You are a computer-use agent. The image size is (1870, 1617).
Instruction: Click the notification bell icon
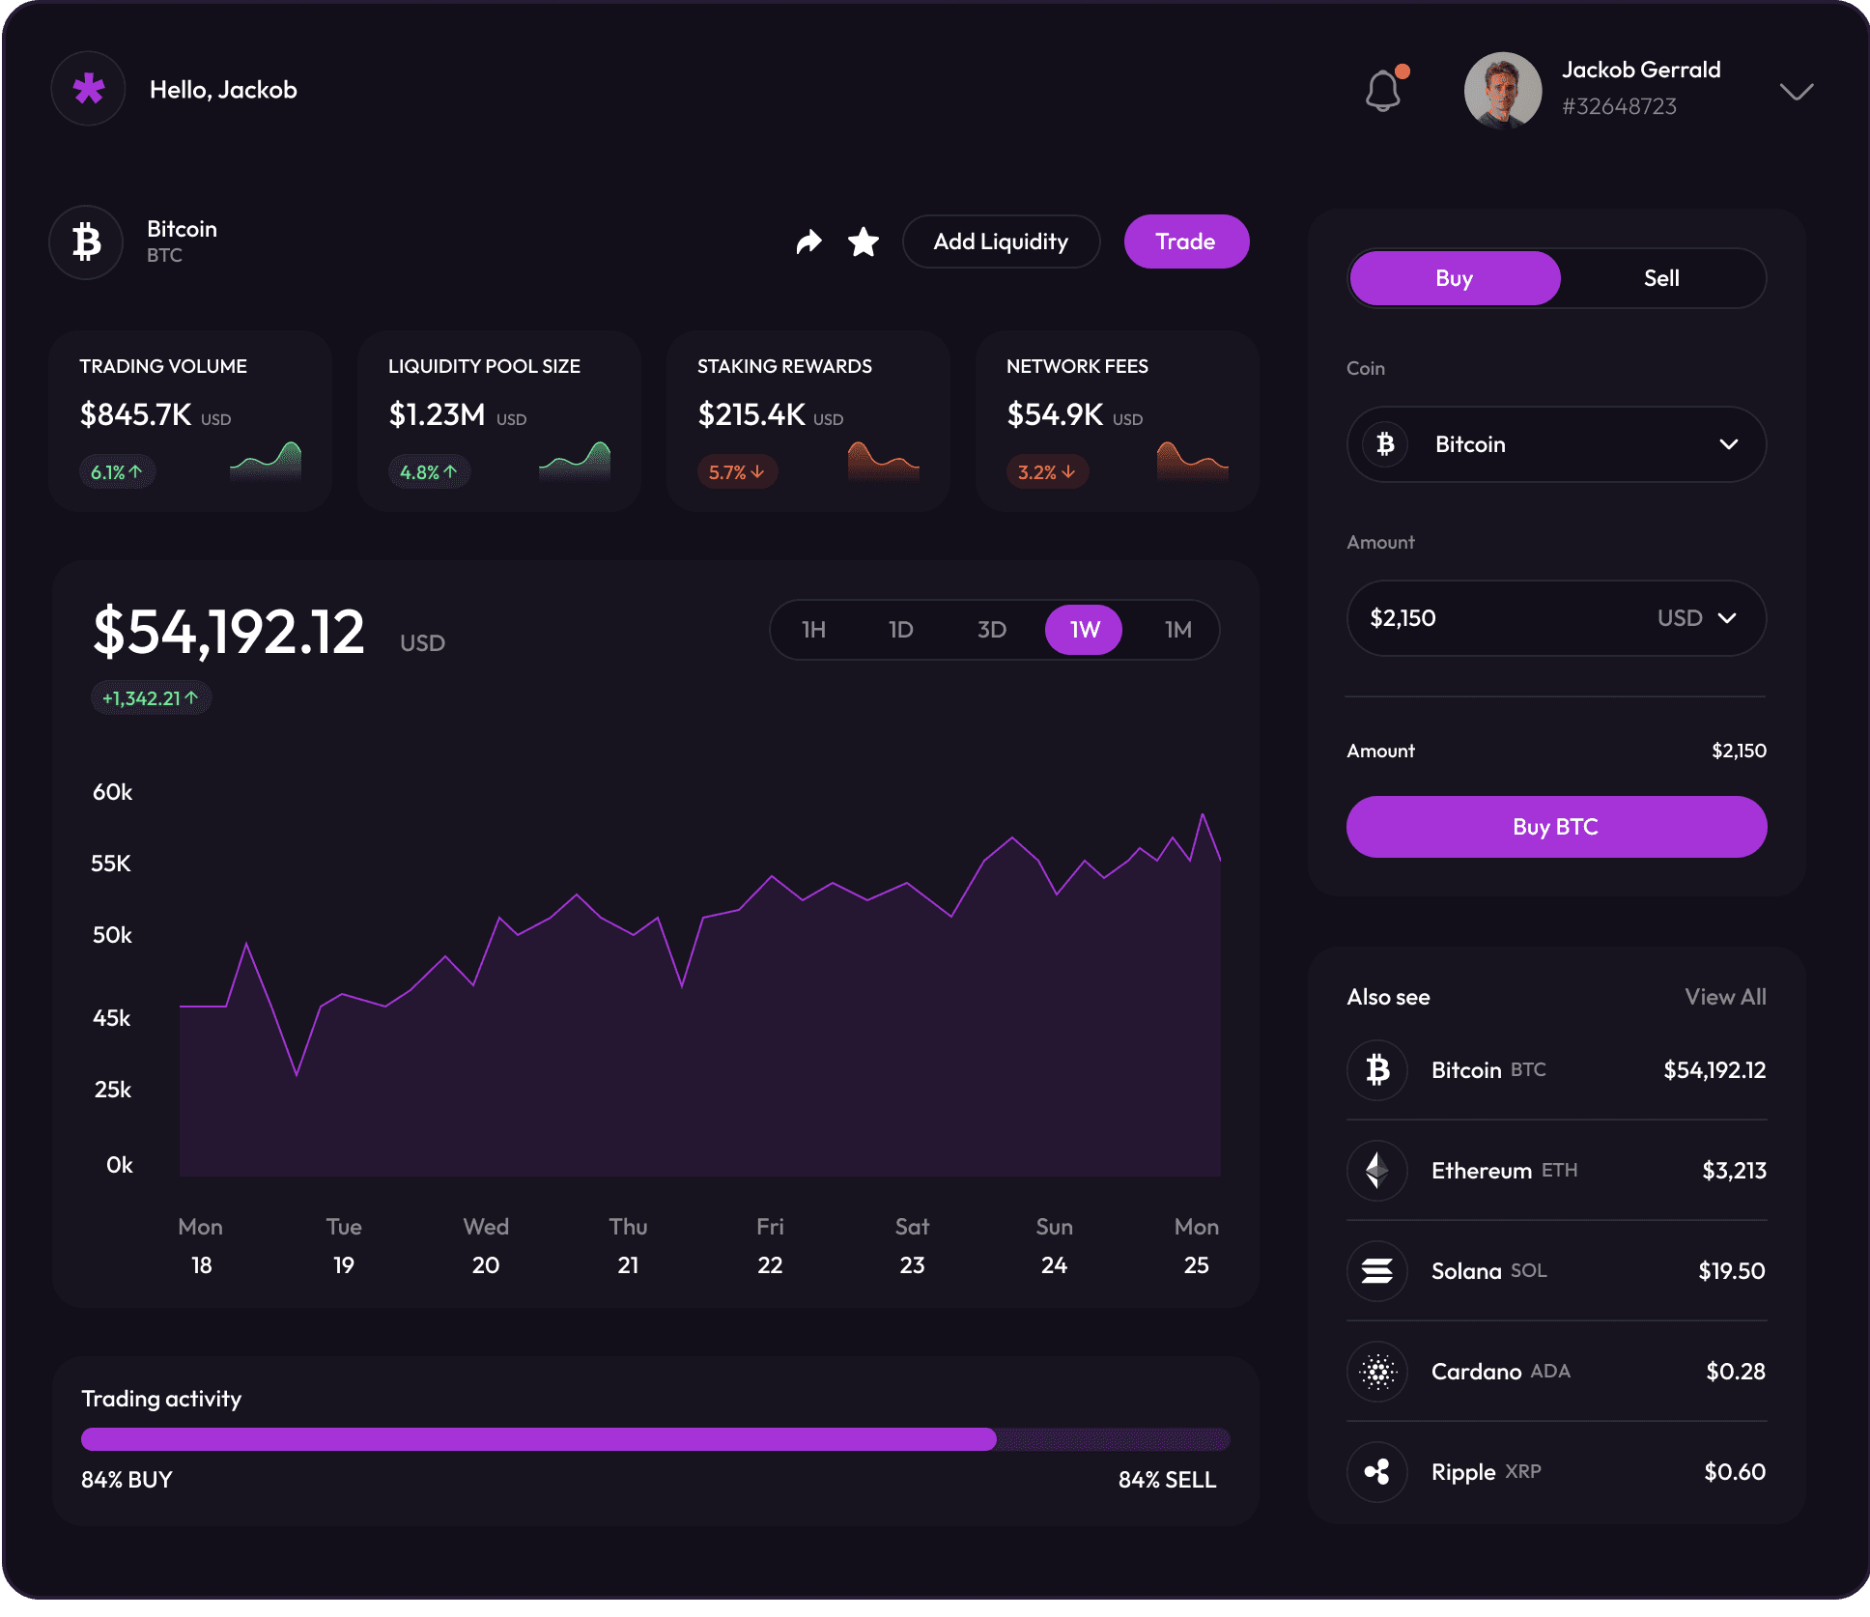[1383, 91]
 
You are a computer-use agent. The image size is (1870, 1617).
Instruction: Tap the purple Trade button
[1186, 241]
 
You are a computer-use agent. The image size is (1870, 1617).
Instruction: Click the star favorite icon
[863, 241]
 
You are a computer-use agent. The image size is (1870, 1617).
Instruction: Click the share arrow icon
[808, 241]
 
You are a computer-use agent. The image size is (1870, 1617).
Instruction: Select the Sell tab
[1661, 278]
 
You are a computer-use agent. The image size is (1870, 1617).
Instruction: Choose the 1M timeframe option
[1177, 630]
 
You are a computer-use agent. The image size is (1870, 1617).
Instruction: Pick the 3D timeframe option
[991, 630]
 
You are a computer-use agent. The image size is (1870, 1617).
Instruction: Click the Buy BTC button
[1556, 827]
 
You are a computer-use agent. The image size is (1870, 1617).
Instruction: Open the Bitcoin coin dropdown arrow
[1728, 444]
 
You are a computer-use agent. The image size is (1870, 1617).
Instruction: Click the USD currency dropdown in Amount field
[1697, 618]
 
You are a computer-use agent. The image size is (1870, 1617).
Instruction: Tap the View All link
[1725, 997]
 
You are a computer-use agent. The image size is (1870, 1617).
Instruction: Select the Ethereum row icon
[1377, 1171]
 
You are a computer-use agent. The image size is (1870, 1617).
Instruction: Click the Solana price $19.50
[1731, 1271]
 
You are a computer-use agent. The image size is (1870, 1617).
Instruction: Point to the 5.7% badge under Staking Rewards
[737, 472]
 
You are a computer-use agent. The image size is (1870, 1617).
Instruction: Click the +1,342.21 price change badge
[151, 698]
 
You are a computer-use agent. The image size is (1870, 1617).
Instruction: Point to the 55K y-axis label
[111, 864]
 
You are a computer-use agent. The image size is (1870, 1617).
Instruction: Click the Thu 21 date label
[628, 1246]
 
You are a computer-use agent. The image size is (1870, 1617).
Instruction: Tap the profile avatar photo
[1502, 91]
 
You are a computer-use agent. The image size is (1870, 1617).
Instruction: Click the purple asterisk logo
[89, 89]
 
